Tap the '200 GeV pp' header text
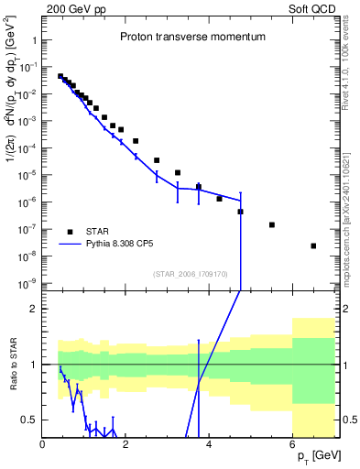click(x=77, y=11)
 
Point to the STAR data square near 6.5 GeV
click(x=313, y=245)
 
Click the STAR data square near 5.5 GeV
click(x=272, y=224)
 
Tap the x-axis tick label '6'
click(x=292, y=445)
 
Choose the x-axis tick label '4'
click(x=210, y=445)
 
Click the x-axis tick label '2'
click(x=126, y=445)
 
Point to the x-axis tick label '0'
click(x=43, y=445)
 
